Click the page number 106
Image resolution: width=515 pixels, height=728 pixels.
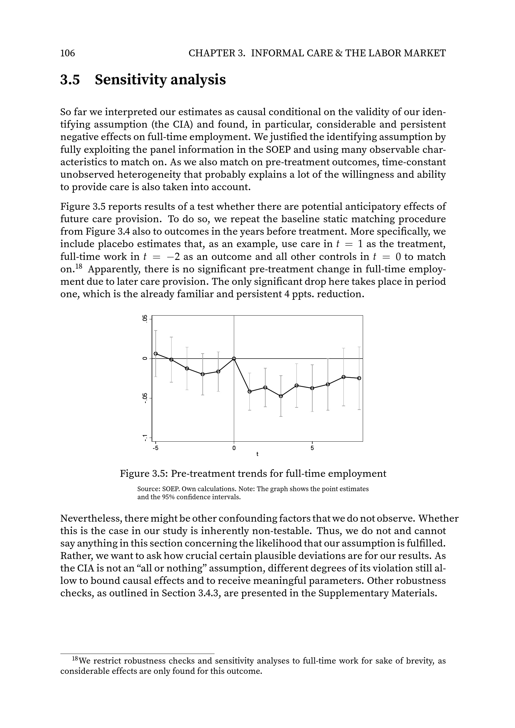(x=68, y=53)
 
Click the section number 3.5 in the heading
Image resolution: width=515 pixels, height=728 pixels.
(x=70, y=80)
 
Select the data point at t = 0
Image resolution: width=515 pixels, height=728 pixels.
(x=234, y=359)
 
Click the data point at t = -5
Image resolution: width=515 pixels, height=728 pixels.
(x=156, y=354)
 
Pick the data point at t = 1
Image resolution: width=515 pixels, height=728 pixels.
(x=250, y=392)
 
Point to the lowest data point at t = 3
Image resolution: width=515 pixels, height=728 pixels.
(x=281, y=396)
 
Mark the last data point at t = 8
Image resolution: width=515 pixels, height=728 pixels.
(x=359, y=378)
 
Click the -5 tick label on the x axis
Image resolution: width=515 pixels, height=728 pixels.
(x=156, y=448)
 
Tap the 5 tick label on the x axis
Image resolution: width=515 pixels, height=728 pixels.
(x=312, y=448)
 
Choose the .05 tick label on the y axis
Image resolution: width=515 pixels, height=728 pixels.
(x=145, y=319)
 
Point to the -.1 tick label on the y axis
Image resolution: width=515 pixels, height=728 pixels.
(x=145, y=438)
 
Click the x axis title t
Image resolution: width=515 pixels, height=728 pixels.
(x=257, y=454)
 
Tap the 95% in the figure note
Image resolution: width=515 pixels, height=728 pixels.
(x=168, y=497)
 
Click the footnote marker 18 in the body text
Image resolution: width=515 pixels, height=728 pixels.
(x=79, y=267)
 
